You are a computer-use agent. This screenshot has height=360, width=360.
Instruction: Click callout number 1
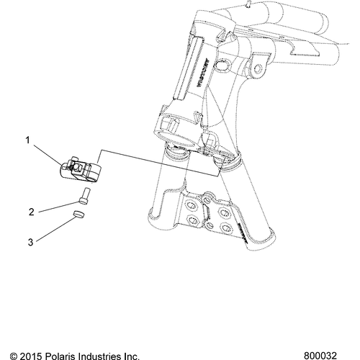click(x=28, y=141)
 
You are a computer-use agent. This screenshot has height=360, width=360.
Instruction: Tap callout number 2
click(x=31, y=212)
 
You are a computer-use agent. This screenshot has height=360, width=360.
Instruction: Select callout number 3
click(x=31, y=243)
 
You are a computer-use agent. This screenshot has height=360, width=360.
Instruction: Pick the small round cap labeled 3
click(x=79, y=216)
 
